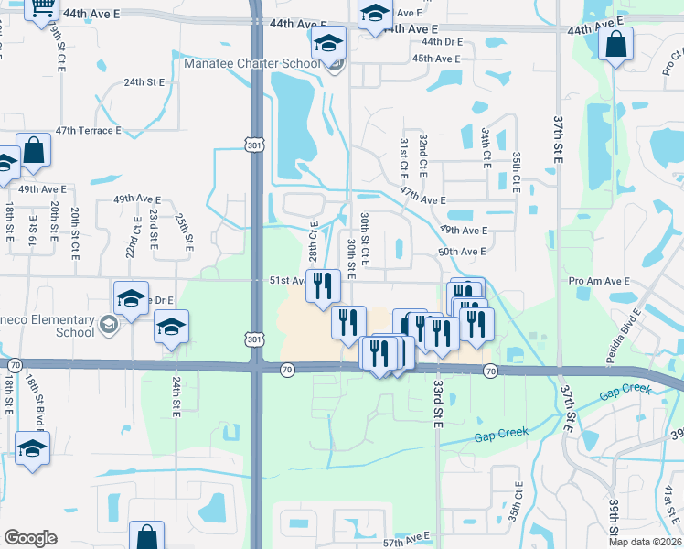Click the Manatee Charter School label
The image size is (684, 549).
coord(251,63)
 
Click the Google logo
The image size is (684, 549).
coord(30,538)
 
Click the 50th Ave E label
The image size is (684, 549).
coord(463,252)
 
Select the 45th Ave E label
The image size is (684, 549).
coord(435,59)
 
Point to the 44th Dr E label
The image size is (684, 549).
coord(443,42)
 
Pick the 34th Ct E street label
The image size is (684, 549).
coord(486,145)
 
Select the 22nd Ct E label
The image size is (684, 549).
coord(134,236)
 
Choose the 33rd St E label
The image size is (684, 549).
coord(439,403)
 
